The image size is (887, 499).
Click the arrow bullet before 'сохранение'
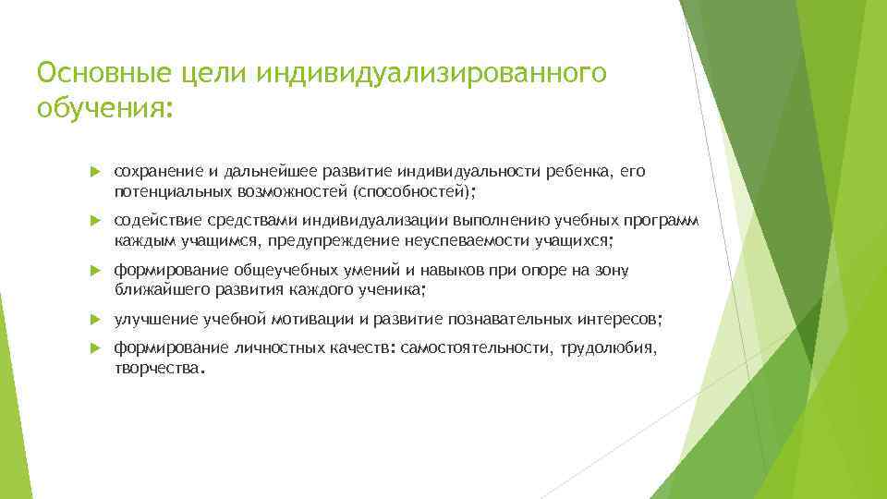point(95,172)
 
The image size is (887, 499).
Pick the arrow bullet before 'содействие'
point(95,221)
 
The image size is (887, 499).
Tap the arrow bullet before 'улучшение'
point(95,320)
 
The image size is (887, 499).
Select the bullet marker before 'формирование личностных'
point(95,348)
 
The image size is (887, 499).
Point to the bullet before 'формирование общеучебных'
point(95,271)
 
